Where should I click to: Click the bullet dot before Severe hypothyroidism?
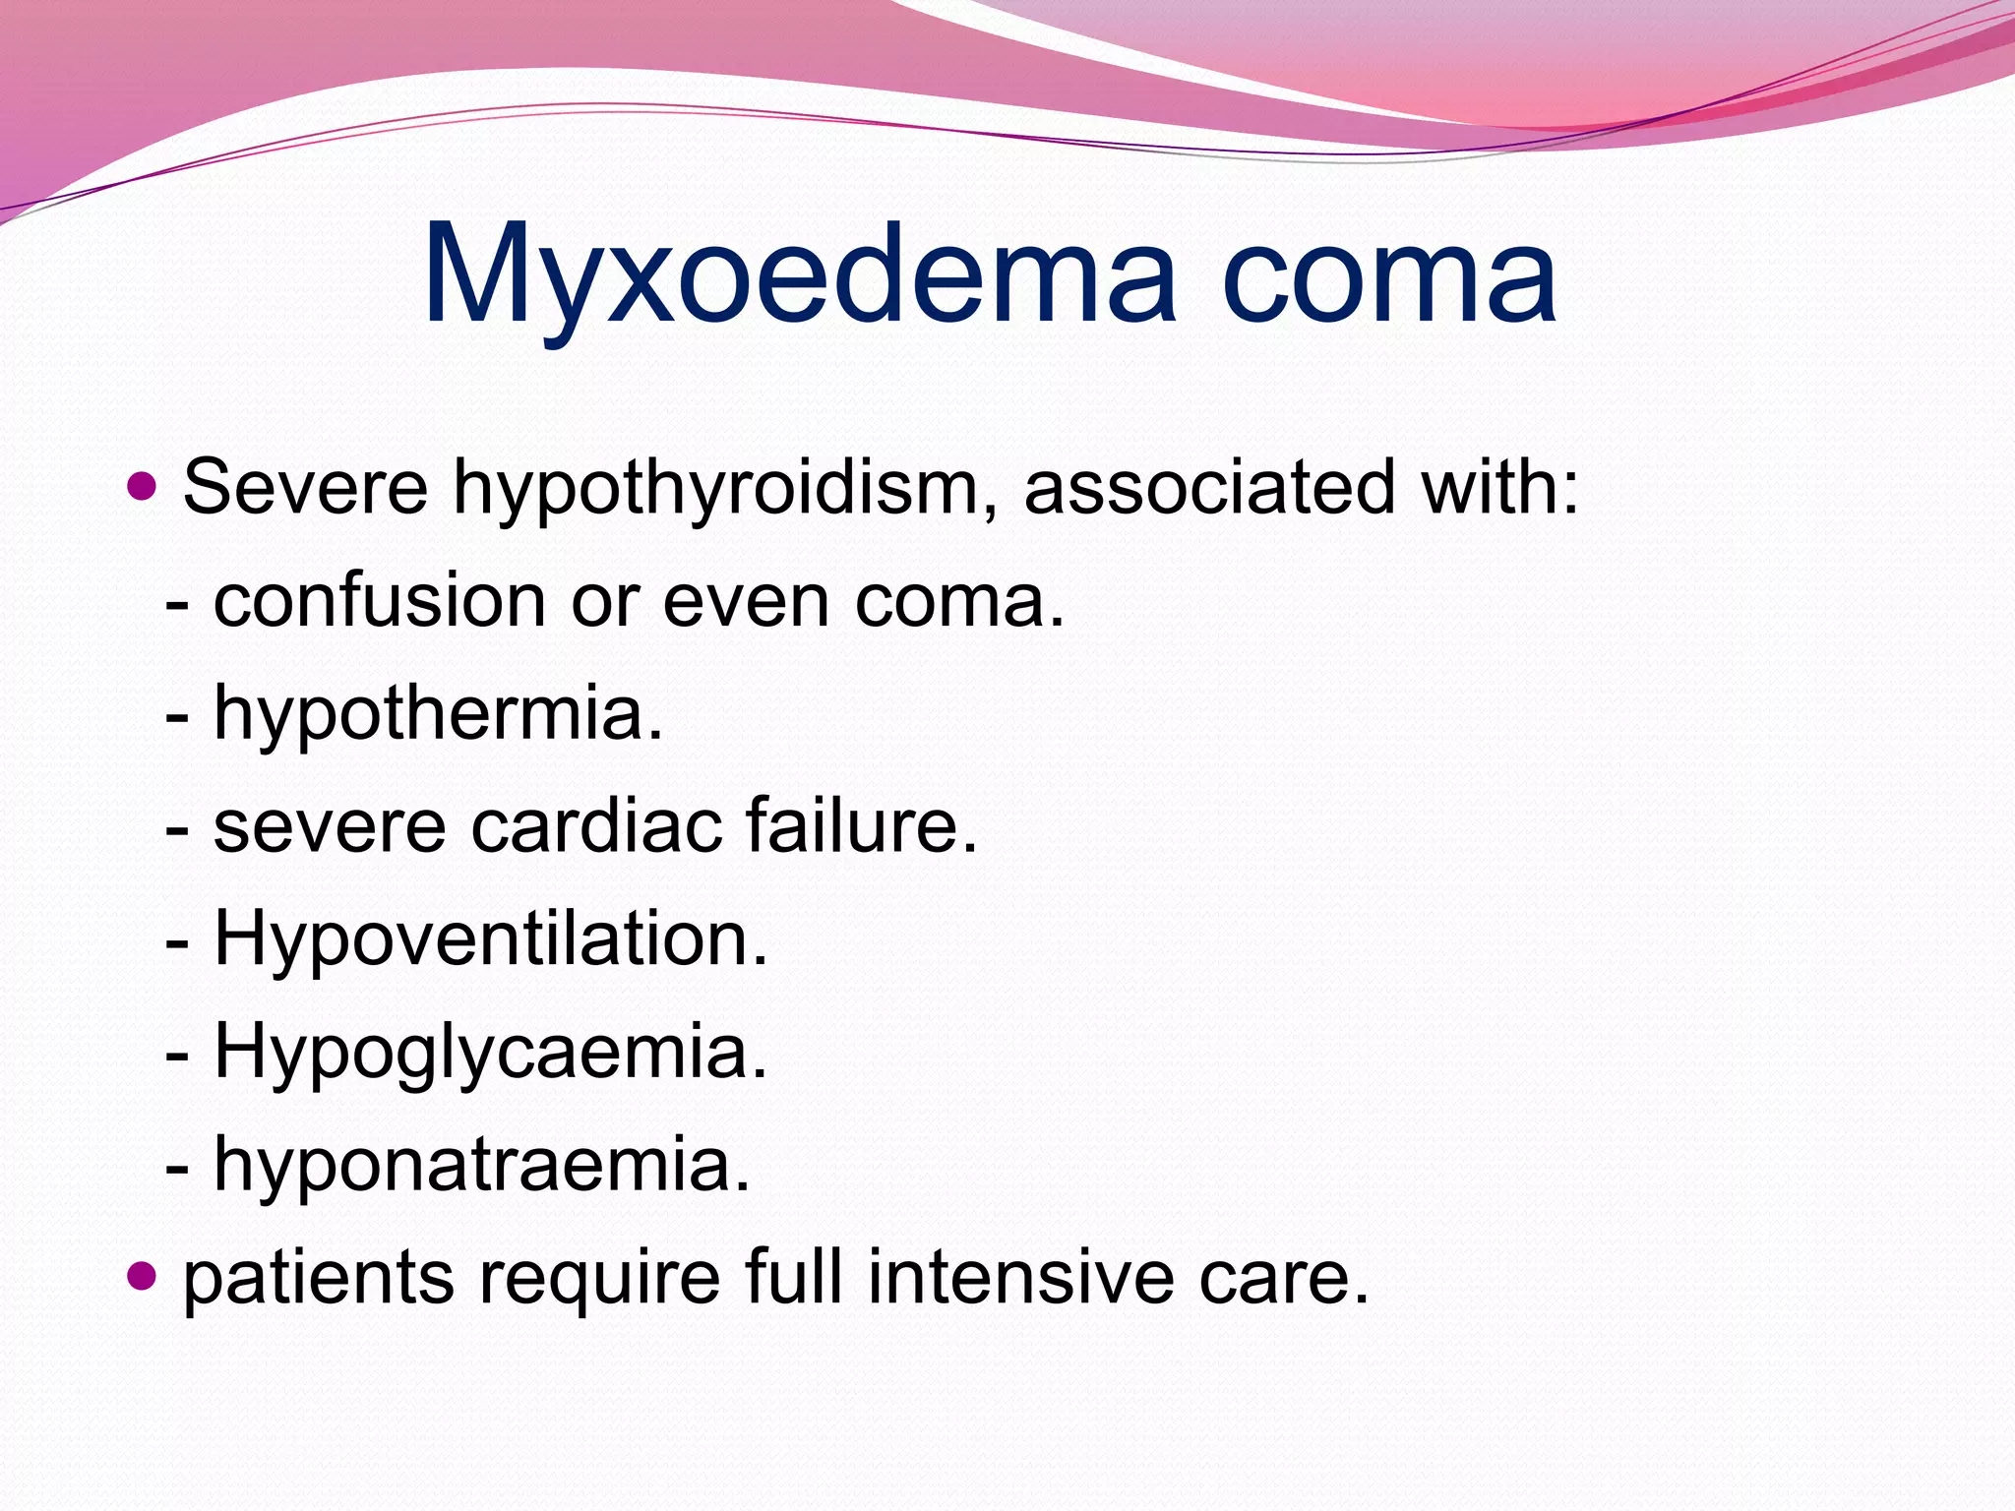click(x=143, y=485)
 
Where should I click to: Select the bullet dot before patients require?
click(x=143, y=1276)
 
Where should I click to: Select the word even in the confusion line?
click(x=746, y=602)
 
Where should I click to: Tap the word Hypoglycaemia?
click(x=489, y=1053)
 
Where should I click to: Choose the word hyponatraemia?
click(x=481, y=1165)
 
